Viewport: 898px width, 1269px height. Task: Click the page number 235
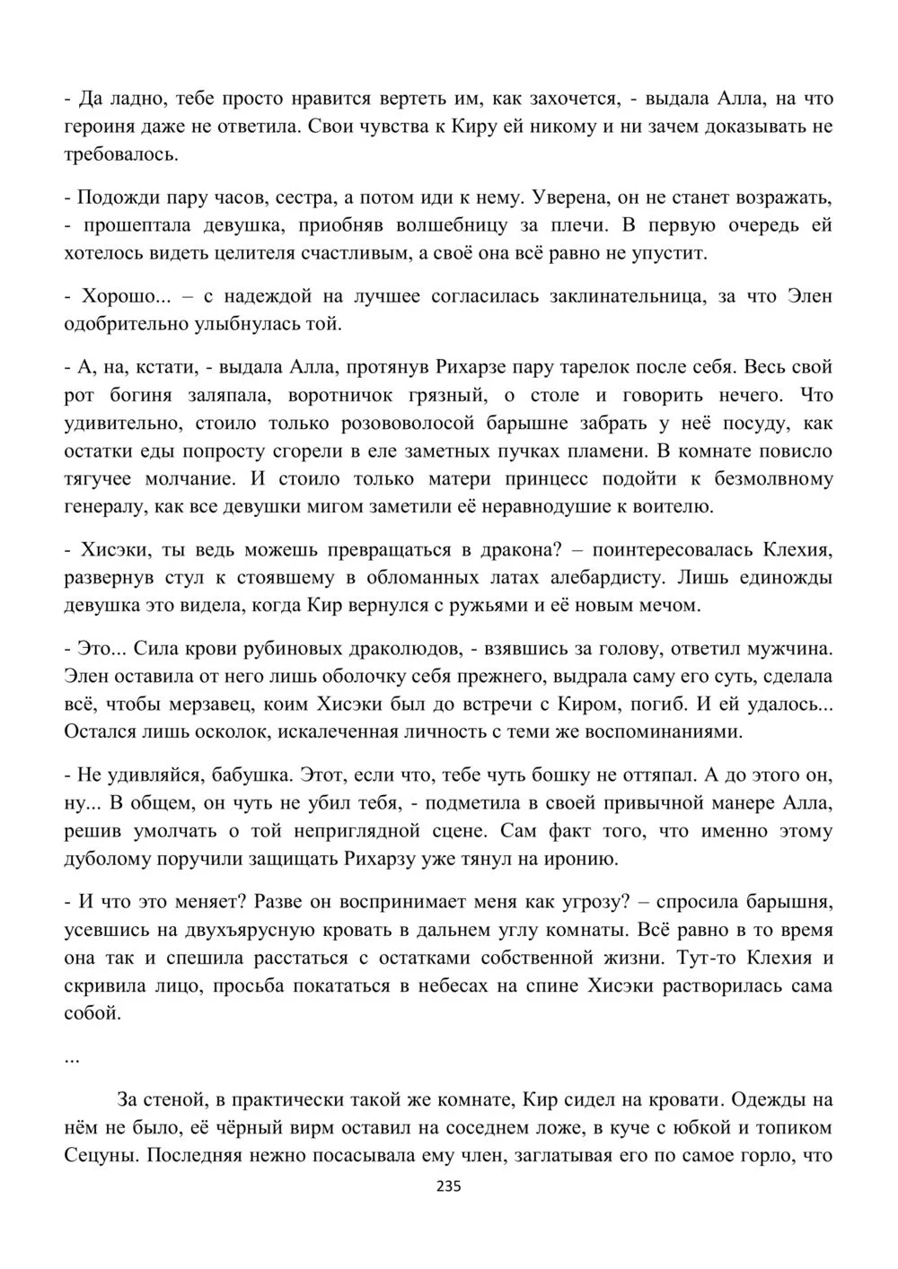point(448,1186)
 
